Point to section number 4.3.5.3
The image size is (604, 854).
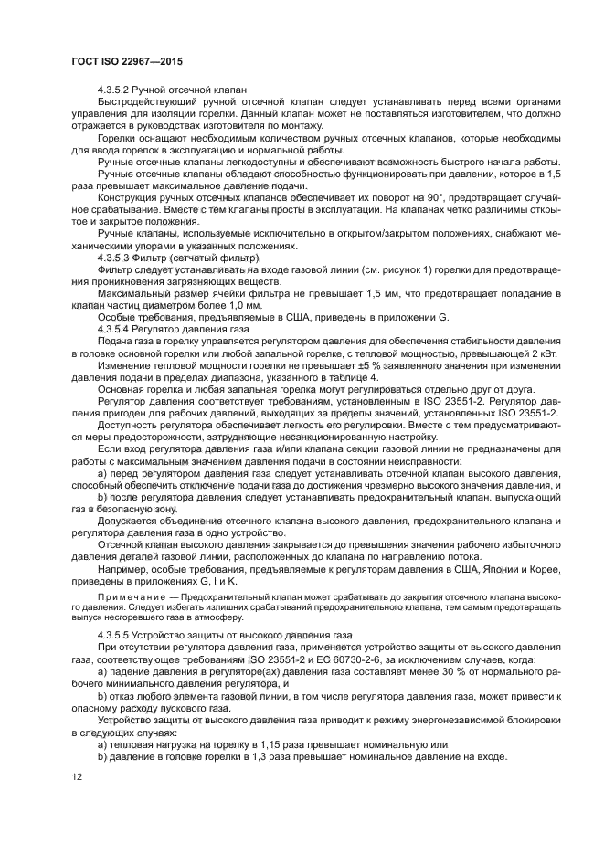(x=116, y=258)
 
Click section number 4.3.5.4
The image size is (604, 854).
(x=116, y=327)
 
